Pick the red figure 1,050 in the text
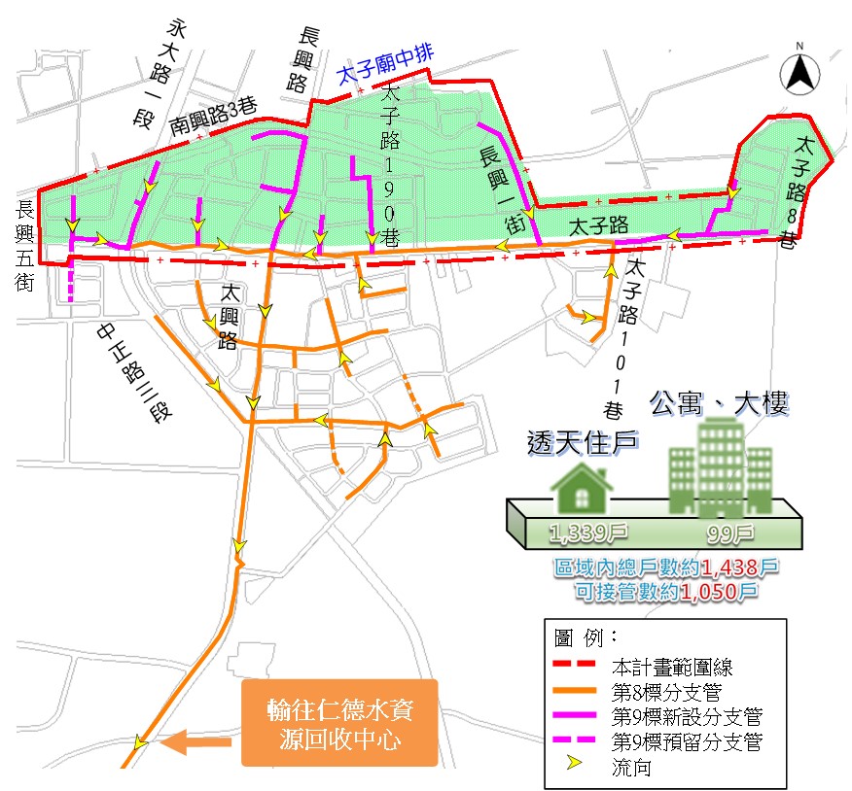tap(718, 588)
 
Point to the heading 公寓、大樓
tap(719, 401)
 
